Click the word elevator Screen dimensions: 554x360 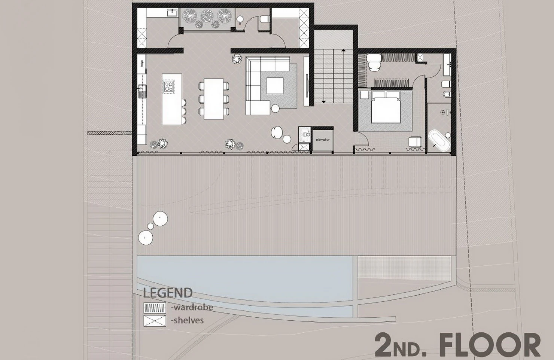[323, 140]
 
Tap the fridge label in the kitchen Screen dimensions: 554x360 [142, 64]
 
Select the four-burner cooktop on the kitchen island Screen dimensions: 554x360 [169, 86]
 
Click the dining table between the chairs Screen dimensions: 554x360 [214, 99]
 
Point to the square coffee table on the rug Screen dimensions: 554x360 [275, 86]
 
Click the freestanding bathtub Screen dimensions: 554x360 [439, 140]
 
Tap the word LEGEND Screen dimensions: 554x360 [168, 293]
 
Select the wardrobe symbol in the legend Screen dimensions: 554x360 [155, 308]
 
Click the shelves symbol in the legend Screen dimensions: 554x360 [155, 321]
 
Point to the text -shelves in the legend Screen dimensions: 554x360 [187, 320]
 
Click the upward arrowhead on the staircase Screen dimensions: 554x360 [343, 51]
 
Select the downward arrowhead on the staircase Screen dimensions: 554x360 [324, 101]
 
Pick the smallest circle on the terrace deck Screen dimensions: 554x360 [150, 226]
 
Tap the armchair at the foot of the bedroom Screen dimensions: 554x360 [415, 142]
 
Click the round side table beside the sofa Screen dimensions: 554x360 [275, 108]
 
